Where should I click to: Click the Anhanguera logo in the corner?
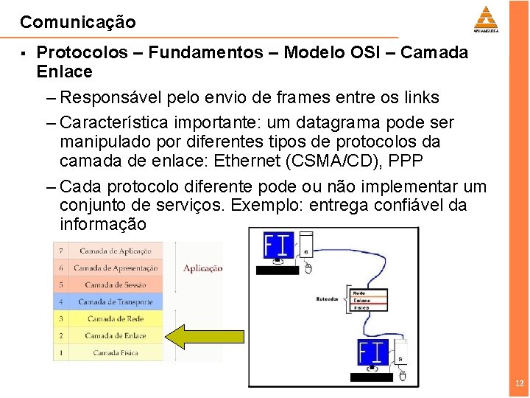coord(486,19)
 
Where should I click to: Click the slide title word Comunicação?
coord(78,22)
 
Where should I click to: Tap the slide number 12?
coord(520,383)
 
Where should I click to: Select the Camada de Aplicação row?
coord(115,251)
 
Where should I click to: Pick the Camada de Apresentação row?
coord(115,268)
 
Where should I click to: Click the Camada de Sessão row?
coord(115,284)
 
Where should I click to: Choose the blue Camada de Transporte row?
coord(115,301)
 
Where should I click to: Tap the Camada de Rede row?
coord(115,318)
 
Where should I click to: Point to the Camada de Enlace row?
coord(115,335)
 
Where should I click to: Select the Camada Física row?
coord(115,352)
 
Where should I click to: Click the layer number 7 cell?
coord(61,251)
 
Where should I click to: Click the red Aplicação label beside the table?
coord(202,268)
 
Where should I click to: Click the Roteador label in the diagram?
coord(328,298)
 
